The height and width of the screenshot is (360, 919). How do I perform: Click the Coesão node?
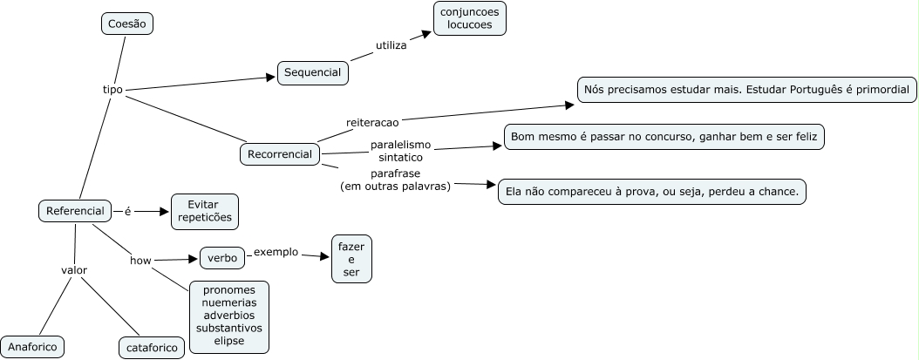pos(127,24)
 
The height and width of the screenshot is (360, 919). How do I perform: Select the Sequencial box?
pos(313,73)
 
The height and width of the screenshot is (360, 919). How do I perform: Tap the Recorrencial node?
pos(280,154)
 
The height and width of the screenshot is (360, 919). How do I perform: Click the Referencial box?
pos(76,210)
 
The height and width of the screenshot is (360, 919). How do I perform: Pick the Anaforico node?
pos(32,347)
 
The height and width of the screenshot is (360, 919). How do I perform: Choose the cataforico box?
pos(152,348)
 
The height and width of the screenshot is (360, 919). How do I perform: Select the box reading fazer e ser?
pos(352,259)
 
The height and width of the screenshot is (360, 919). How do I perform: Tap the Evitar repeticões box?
pos(205,211)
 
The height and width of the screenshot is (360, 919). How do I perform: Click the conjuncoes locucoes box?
pos(470,18)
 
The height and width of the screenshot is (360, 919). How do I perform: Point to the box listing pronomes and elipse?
pos(228,316)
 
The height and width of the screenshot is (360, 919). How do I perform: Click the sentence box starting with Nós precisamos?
pos(746,90)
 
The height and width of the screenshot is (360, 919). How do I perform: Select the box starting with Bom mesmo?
pos(664,138)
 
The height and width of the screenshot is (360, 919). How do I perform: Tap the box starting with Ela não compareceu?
pos(651,192)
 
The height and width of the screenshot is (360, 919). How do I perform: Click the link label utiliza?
pos(391,44)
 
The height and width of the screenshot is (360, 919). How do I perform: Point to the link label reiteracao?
pos(372,122)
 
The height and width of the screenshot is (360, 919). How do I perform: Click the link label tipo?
pos(112,90)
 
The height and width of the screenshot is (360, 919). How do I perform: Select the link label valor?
pos(74,270)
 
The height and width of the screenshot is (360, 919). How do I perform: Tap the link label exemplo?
pos(276,252)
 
